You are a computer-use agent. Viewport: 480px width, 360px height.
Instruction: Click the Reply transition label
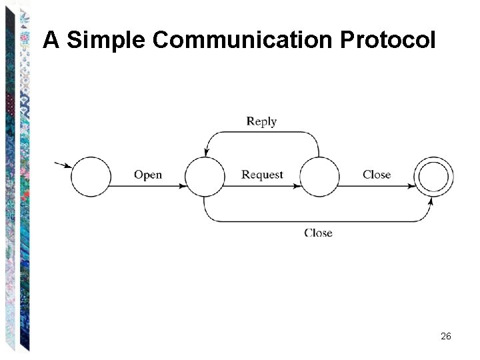tap(261, 121)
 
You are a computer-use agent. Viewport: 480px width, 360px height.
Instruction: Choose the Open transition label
tap(147, 175)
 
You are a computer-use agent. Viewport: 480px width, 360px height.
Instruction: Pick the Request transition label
tap(262, 175)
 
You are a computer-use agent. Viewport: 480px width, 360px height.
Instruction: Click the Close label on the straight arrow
tap(377, 175)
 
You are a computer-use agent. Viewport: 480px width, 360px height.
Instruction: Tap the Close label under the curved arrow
tap(318, 233)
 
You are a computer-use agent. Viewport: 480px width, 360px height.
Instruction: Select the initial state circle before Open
tap(90, 177)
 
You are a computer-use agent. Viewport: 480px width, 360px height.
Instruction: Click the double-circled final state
tap(434, 177)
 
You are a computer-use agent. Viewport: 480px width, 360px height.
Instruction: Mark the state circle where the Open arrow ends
tap(205, 177)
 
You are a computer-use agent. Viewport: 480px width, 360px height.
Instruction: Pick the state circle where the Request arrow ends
tap(319, 177)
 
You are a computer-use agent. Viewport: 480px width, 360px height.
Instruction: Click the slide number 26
tap(446, 337)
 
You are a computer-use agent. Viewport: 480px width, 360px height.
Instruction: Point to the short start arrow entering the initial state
tap(64, 165)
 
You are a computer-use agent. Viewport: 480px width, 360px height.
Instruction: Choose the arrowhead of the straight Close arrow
tap(411, 186)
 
